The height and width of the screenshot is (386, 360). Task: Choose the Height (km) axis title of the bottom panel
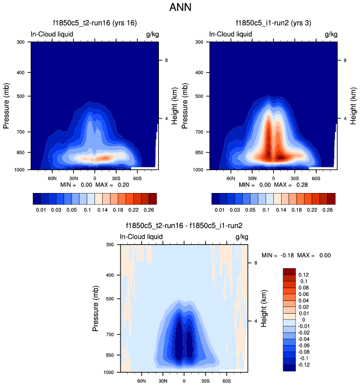pos(264,308)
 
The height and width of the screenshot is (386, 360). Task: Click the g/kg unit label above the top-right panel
pos(331,34)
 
